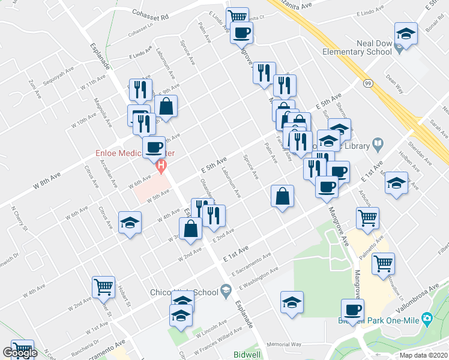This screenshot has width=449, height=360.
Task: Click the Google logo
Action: pos(19,353)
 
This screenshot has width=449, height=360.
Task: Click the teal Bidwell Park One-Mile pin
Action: pos(427,317)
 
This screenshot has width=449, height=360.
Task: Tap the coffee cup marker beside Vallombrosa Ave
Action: pos(352,310)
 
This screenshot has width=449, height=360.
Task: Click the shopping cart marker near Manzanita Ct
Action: pos(238,16)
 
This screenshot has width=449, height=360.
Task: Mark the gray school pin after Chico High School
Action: pos(226,292)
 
